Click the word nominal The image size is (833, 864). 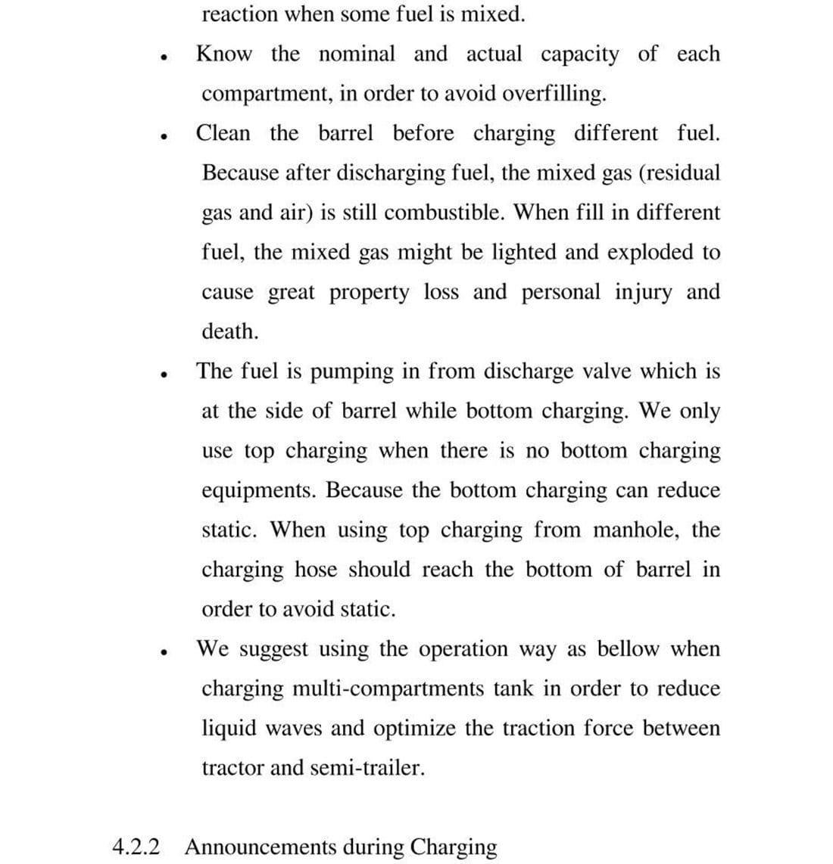pos(357,54)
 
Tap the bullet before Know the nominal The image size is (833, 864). pos(163,57)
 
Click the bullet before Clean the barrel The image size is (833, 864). pos(163,136)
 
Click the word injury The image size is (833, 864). pos(643,292)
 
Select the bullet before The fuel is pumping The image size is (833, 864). pos(163,374)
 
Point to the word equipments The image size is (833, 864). pos(257,490)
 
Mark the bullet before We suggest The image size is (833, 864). pos(163,651)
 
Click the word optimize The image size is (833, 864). pos(415,729)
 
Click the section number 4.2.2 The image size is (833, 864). pos(136,846)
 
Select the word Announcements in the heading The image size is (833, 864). pos(260,846)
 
